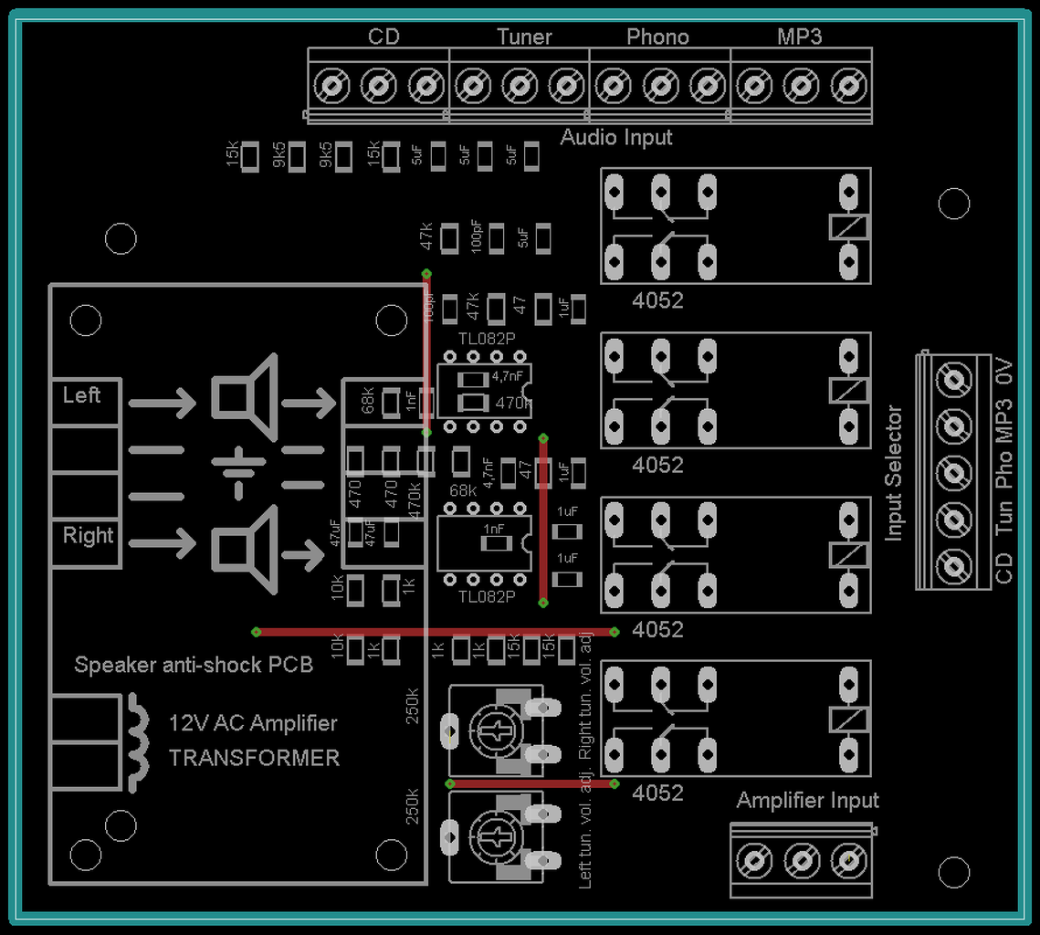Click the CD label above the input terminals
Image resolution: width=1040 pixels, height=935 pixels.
pyautogui.click(x=383, y=37)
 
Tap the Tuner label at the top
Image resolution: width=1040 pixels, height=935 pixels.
pyautogui.click(x=524, y=37)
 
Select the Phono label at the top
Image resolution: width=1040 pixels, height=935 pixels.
pyautogui.click(x=657, y=37)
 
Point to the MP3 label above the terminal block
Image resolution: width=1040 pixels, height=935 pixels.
pyautogui.click(x=799, y=37)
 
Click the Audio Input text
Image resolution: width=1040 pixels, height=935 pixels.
pyautogui.click(x=616, y=138)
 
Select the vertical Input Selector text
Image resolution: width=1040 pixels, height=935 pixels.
pyautogui.click(x=894, y=473)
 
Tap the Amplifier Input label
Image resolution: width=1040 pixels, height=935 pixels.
pyautogui.click(x=807, y=801)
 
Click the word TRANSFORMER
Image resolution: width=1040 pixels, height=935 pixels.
pyautogui.click(x=254, y=758)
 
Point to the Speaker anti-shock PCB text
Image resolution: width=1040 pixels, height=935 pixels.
pyautogui.click(x=194, y=665)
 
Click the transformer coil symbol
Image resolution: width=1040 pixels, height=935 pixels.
pyautogui.click(x=138, y=742)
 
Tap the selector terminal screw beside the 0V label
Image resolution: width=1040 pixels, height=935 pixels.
pyautogui.click(x=955, y=378)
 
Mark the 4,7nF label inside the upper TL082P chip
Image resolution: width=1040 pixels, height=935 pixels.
pyautogui.click(x=508, y=375)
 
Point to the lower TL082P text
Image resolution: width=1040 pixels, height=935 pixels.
pyautogui.click(x=487, y=596)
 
